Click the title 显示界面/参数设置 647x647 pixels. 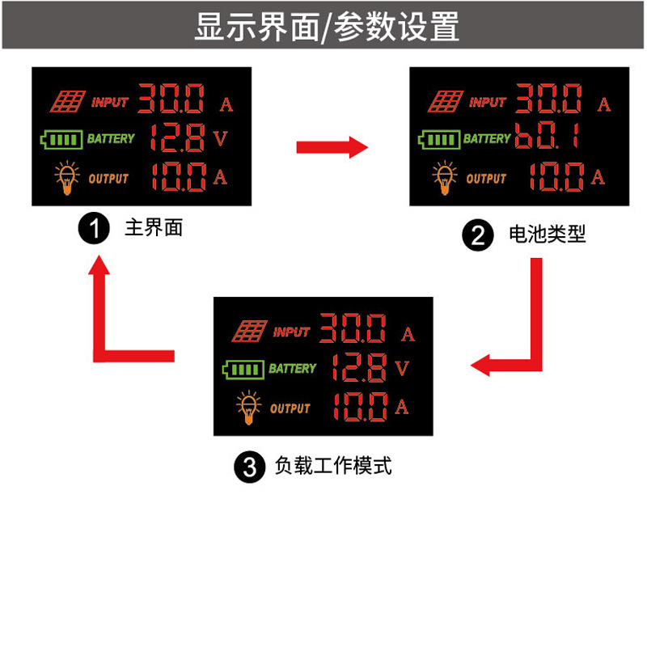326,27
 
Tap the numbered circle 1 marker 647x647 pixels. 93,229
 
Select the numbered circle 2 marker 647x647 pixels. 476,236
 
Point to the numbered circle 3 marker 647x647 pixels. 249,467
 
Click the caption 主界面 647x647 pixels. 154,228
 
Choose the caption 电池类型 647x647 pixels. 547,235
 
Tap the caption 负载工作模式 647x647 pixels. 333,467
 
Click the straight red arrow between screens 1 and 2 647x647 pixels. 332,147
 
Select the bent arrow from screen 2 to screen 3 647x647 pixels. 518,340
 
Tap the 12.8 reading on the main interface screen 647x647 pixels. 175,138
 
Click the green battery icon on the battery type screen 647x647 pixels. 438,140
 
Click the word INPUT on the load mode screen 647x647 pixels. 291,332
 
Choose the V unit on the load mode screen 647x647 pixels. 403,369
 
